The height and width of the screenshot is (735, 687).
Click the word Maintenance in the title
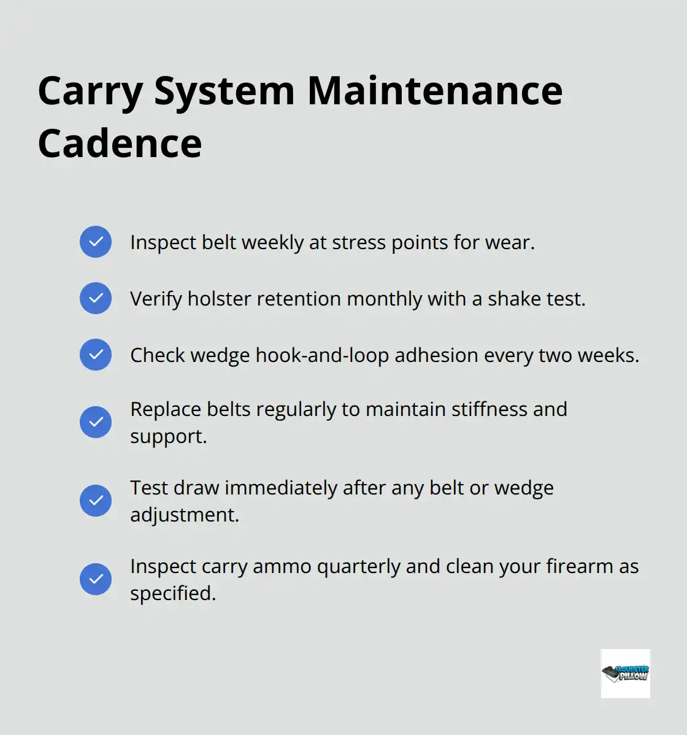point(434,91)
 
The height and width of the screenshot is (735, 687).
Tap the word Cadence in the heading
point(120,144)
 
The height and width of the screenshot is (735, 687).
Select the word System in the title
point(225,91)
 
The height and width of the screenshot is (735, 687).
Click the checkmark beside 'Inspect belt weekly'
point(96,242)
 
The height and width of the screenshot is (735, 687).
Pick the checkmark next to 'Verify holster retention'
point(96,298)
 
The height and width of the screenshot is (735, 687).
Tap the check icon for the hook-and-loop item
point(96,355)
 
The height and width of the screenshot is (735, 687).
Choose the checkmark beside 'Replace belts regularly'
point(96,422)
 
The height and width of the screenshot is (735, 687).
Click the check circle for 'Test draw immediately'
point(96,501)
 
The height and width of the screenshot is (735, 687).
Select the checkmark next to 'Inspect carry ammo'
point(96,579)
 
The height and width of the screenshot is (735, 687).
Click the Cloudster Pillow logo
point(625,674)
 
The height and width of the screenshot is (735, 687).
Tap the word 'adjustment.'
point(185,515)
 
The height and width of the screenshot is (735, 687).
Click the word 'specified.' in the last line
point(173,593)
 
